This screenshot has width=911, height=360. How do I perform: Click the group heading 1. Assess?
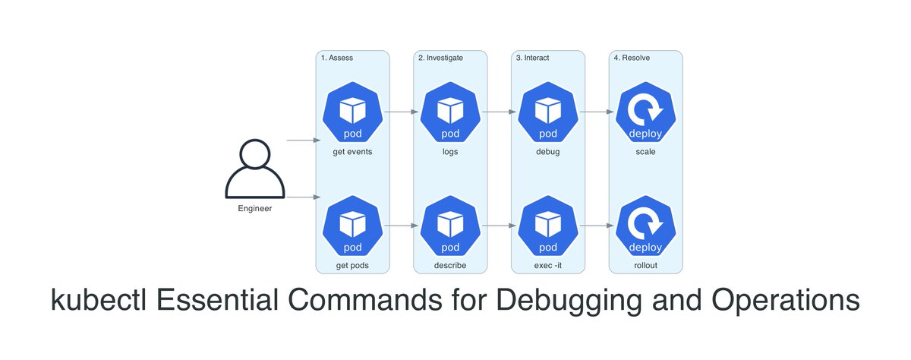pyautogui.click(x=337, y=58)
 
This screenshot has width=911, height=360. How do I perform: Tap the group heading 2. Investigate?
pyautogui.click(x=440, y=58)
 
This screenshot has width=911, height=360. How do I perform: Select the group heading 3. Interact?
pyautogui.click(x=532, y=58)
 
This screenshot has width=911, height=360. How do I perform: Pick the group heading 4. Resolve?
pyautogui.click(x=632, y=58)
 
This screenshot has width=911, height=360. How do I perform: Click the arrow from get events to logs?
pyautogui.click(x=402, y=112)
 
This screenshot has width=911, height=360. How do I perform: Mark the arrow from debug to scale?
pyautogui.click(x=597, y=112)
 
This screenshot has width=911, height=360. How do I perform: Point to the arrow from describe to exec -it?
pyautogui.click(x=500, y=226)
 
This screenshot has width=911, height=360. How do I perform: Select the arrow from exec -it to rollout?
pyautogui.click(x=597, y=226)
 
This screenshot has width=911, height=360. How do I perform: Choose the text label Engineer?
pyautogui.click(x=254, y=207)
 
